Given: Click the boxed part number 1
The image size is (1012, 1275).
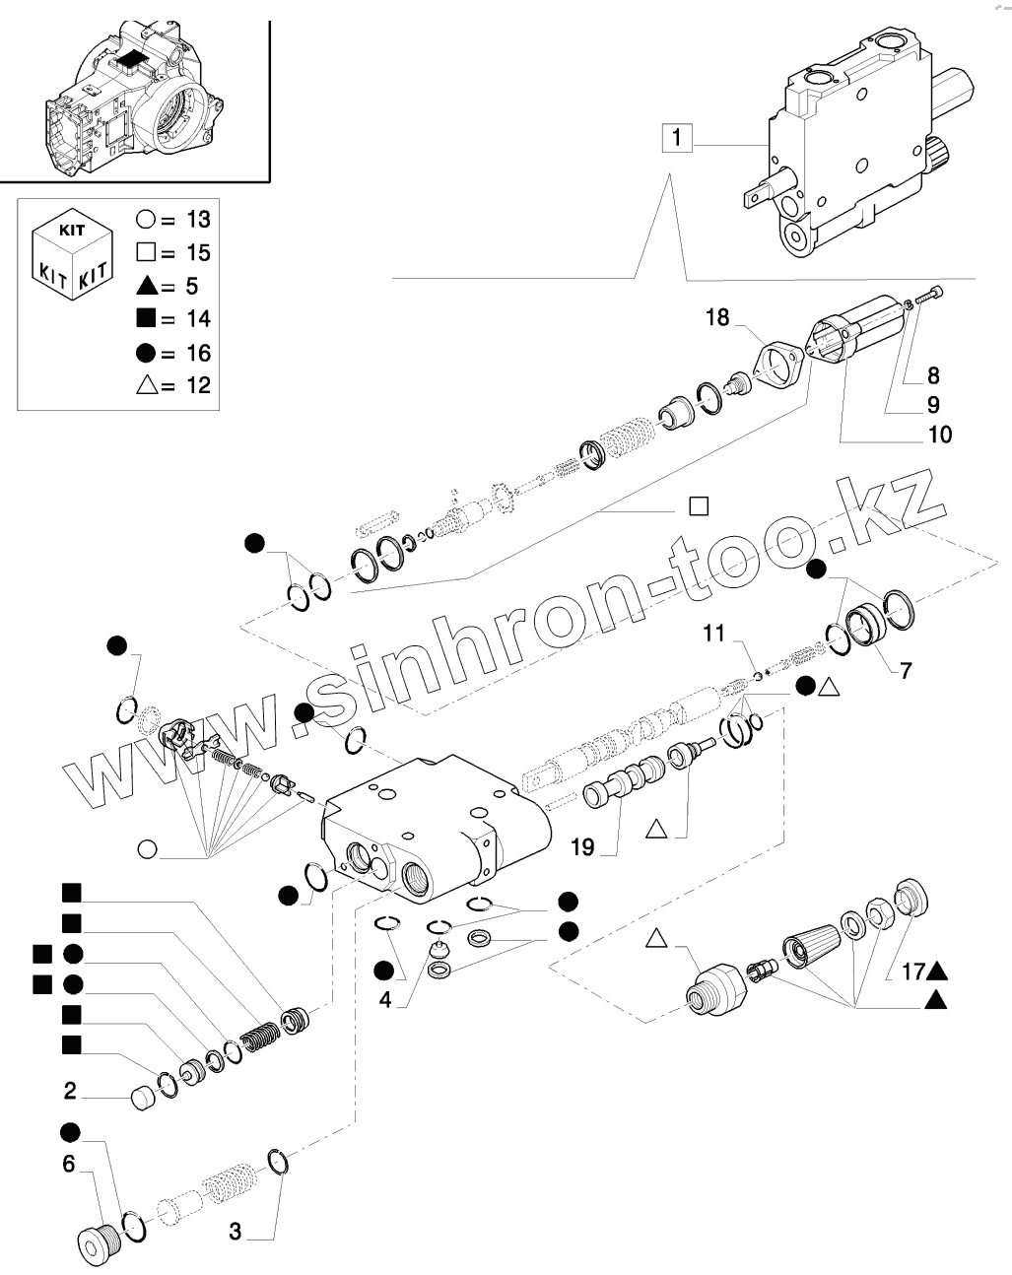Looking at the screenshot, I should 675,138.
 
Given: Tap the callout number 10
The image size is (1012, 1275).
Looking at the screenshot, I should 940,434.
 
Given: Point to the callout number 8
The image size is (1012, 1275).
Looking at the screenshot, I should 932,374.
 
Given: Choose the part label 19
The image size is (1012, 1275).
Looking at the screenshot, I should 582,846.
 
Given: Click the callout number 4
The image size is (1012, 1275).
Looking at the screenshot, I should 385,999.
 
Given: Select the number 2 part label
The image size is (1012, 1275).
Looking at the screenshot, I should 70,1091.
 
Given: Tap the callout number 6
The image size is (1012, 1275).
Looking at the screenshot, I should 68,1164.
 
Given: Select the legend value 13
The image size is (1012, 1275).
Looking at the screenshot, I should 198,219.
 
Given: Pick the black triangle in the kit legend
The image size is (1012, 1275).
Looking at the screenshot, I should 148,286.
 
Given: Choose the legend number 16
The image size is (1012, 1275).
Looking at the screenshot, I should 198,353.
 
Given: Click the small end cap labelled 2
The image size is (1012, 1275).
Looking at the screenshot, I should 145,1098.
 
